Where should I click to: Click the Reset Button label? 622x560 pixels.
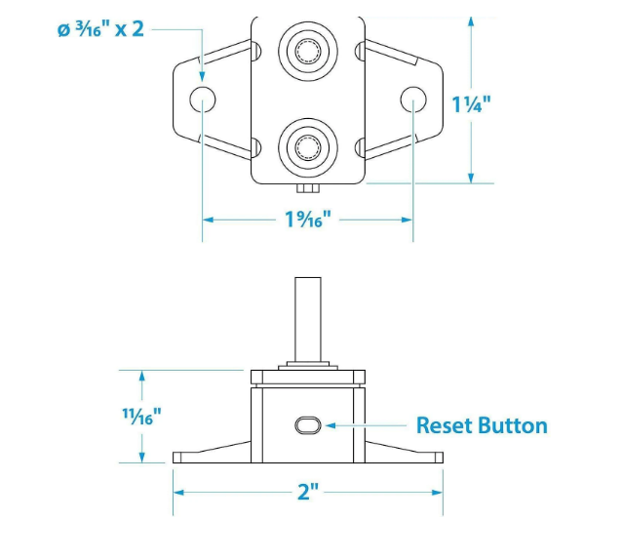pyautogui.click(x=482, y=425)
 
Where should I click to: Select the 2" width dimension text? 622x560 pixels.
pyautogui.click(x=308, y=490)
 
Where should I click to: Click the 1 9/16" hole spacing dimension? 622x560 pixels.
pyautogui.click(x=308, y=220)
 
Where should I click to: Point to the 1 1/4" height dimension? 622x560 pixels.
pyautogui.click(x=471, y=103)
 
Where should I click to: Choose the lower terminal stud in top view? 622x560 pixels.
pyautogui.click(x=307, y=147)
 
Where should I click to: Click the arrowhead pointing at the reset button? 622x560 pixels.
pyautogui.click(x=330, y=425)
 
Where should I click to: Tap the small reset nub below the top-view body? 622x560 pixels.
pyautogui.click(x=307, y=187)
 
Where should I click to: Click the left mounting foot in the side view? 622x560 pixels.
pyautogui.click(x=210, y=455)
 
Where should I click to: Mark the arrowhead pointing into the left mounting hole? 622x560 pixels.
pyautogui.click(x=202, y=78)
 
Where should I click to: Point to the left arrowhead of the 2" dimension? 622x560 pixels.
pyautogui.click(x=179, y=490)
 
